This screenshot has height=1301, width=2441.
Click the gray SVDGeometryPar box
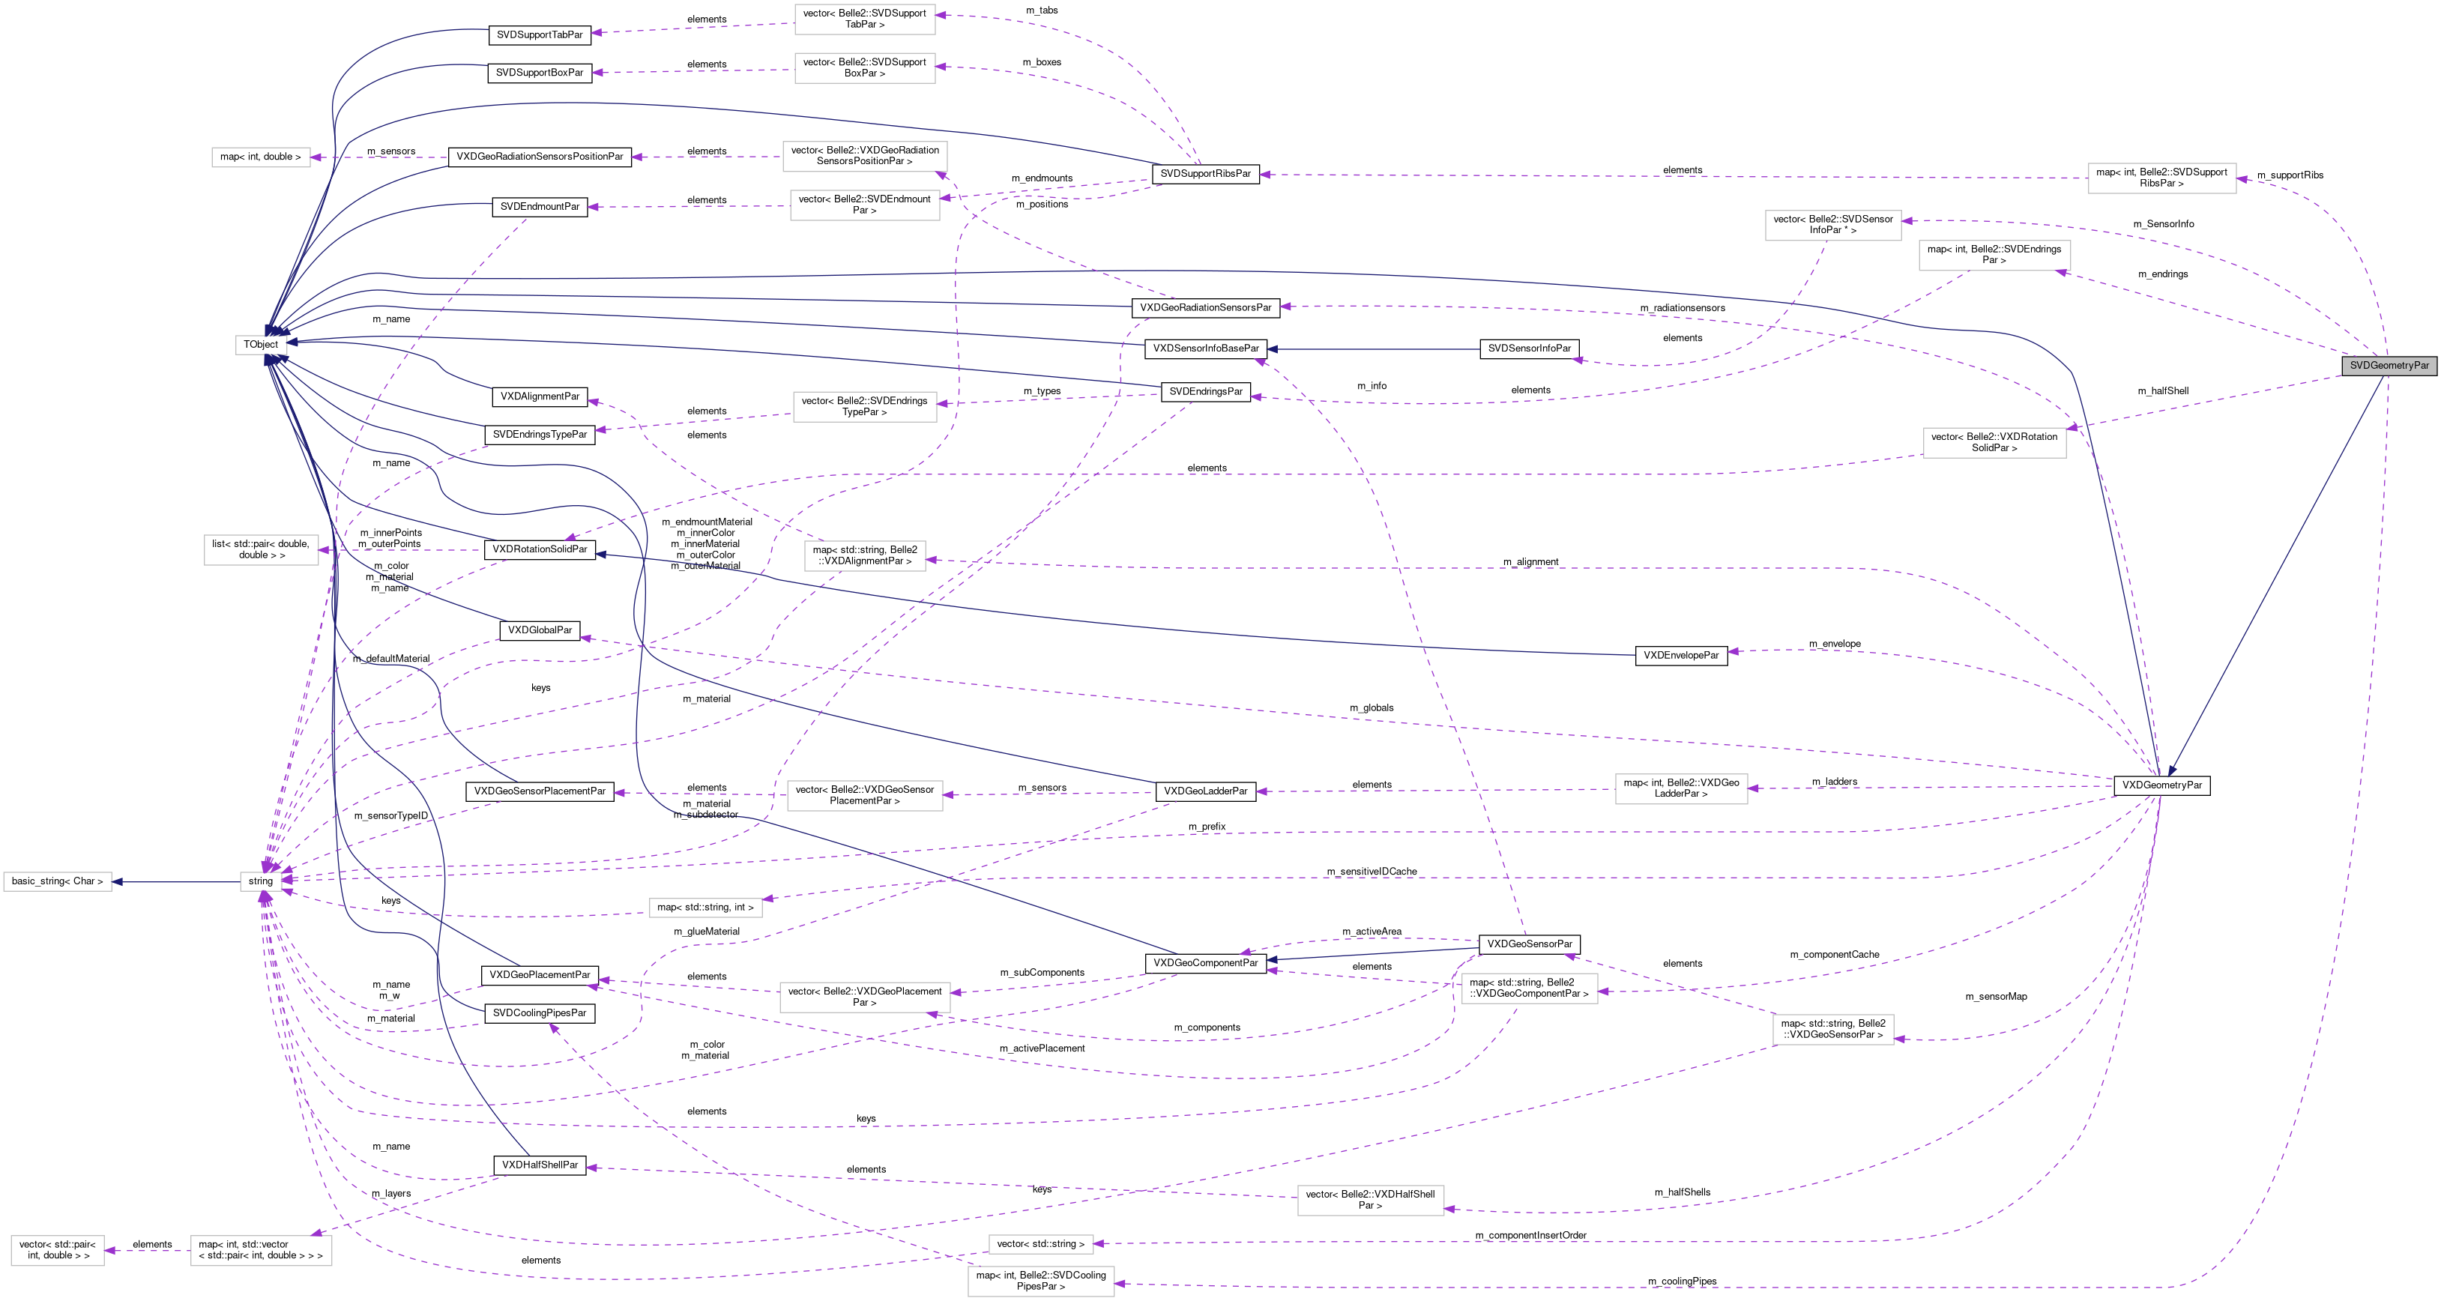tap(2388, 366)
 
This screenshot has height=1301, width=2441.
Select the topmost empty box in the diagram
tap(864, 19)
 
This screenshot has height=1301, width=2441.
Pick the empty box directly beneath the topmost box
tap(864, 68)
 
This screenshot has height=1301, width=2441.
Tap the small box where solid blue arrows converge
tap(262, 345)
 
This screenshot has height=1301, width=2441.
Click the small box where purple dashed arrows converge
tap(261, 881)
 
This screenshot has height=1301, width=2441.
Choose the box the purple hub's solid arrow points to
tap(57, 882)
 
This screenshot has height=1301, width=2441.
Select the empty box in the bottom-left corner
tap(57, 1251)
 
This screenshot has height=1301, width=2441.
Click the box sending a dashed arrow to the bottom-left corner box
tap(261, 1251)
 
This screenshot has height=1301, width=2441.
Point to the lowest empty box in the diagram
tap(1040, 1281)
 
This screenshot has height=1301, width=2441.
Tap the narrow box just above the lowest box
tap(1040, 1244)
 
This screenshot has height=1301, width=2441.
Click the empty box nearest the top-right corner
tap(2161, 178)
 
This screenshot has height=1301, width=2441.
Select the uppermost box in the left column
tap(261, 157)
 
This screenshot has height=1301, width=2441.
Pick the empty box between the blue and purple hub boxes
tap(261, 549)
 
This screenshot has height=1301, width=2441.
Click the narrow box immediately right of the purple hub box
tap(705, 908)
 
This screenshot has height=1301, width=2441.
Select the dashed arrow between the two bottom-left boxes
tap(148, 1251)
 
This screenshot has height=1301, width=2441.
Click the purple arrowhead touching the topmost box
tap(941, 15)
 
